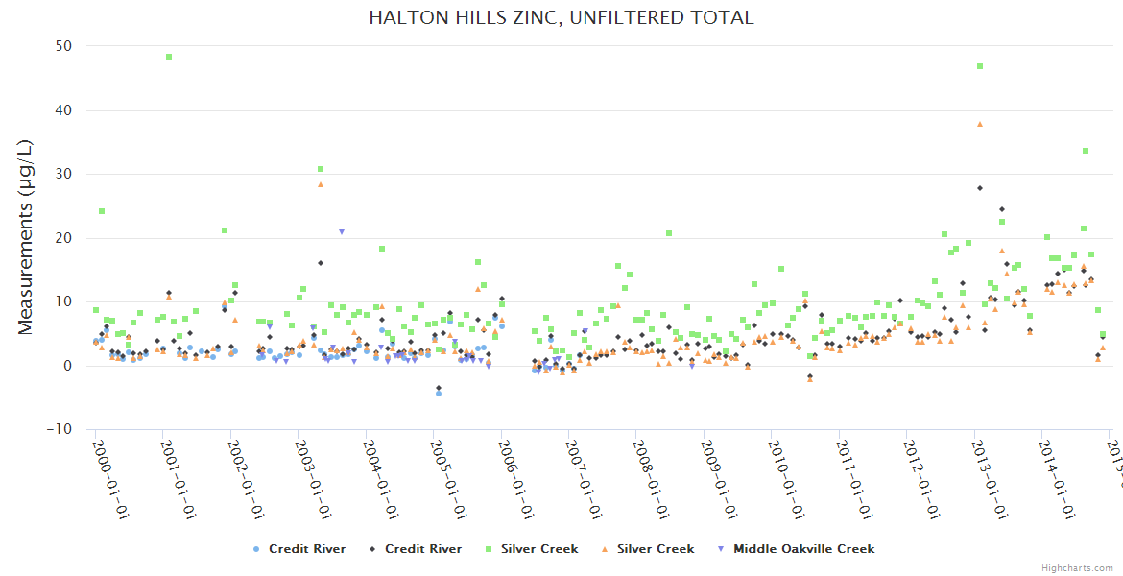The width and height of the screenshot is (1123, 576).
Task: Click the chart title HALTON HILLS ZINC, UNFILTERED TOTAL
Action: click(x=561, y=17)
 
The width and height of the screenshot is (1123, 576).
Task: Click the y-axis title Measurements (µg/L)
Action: click(x=26, y=237)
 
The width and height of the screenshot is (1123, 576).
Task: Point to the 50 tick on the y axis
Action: click(x=63, y=46)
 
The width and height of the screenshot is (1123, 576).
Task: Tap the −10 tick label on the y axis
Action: click(x=60, y=429)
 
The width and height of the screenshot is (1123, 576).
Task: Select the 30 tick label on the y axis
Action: click(x=63, y=174)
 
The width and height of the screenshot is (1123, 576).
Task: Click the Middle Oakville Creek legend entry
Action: click(x=796, y=549)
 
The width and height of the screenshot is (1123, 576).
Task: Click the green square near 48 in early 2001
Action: click(x=169, y=57)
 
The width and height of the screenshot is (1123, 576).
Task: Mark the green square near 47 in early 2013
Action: click(x=980, y=66)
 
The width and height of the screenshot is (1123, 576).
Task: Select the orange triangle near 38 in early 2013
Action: click(x=980, y=124)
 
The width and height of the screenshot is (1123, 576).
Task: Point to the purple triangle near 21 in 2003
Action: click(x=341, y=232)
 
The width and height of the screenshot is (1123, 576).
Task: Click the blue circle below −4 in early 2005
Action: click(x=439, y=394)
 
